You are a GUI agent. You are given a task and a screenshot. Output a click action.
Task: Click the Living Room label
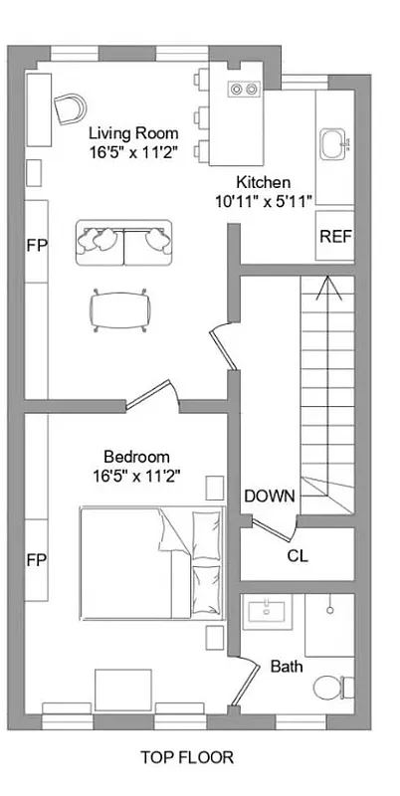133,133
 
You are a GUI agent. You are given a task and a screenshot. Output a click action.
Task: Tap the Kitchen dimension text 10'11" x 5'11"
263,200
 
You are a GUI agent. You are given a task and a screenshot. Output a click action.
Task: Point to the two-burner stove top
244,89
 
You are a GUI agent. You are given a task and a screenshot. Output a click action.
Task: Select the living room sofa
124,242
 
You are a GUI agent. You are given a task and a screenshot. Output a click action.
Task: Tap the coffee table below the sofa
120,308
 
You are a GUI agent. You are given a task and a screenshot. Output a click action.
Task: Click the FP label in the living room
36,243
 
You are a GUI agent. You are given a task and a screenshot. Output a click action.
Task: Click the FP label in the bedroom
36,558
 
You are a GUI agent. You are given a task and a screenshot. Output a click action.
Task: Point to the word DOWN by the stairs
269,496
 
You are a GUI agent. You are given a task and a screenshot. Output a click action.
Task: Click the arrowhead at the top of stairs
328,289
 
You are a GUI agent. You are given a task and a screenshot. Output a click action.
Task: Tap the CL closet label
297,555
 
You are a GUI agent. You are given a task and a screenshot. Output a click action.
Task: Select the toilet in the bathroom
329,686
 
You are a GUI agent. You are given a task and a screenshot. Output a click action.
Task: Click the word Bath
287,666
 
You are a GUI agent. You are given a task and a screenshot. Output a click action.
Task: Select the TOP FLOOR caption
187,758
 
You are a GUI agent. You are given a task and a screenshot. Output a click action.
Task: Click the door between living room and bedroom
149,393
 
